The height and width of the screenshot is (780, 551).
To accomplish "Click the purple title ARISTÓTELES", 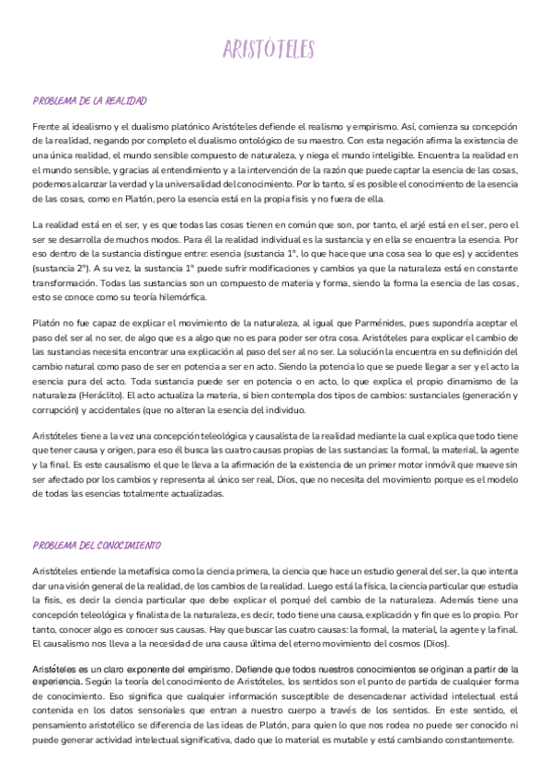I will (x=275, y=48).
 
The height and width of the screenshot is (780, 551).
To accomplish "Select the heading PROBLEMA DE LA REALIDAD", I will (x=90, y=101).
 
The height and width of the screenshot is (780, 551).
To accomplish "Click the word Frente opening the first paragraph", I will (x=46, y=125).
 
